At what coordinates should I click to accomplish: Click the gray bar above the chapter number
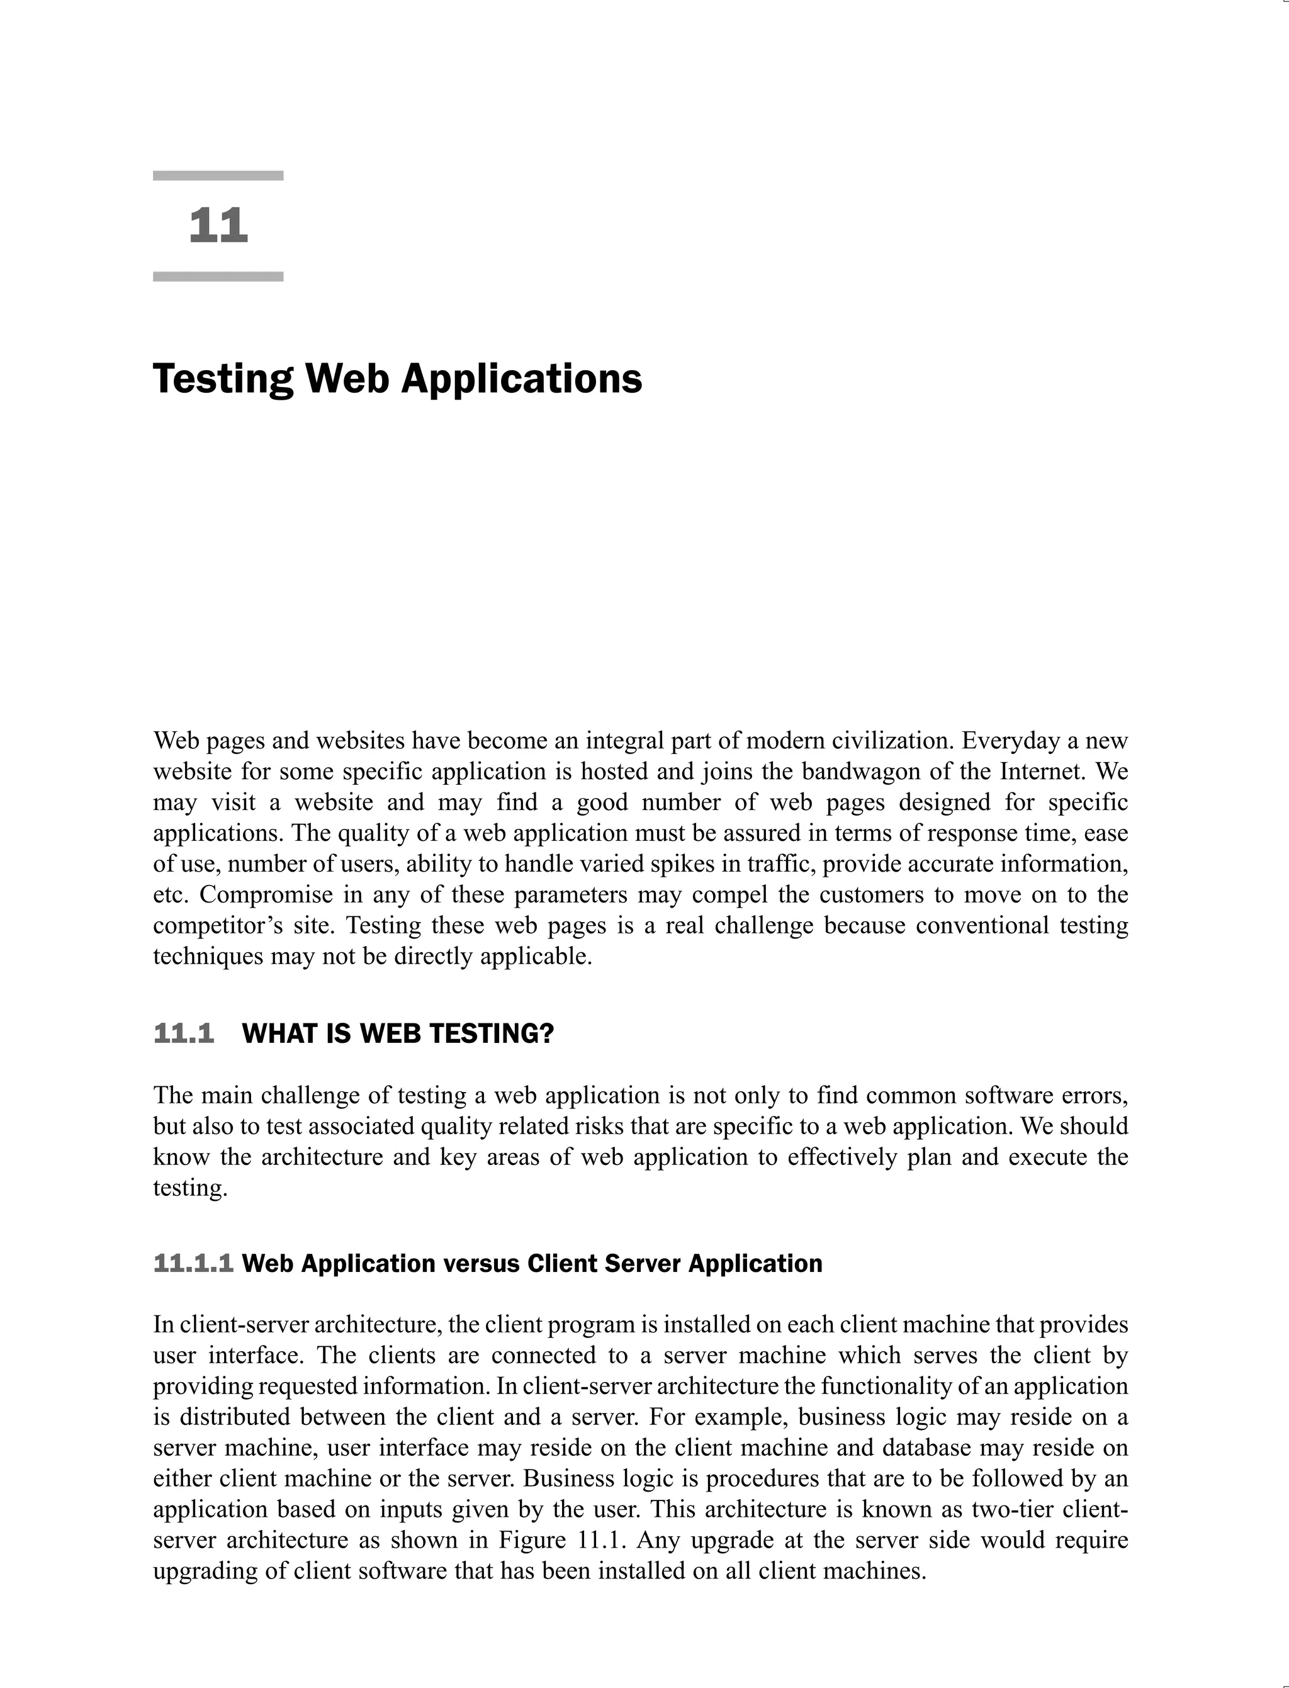click(x=218, y=176)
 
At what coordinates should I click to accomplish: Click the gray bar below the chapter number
click(x=218, y=276)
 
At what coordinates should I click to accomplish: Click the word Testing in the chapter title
click(x=223, y=380)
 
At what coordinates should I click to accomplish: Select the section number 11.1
click(x=184, y=1033)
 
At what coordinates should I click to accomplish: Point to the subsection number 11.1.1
click(x=193, y=1264)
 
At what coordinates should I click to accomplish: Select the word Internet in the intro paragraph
click(x=1042, y=771)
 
